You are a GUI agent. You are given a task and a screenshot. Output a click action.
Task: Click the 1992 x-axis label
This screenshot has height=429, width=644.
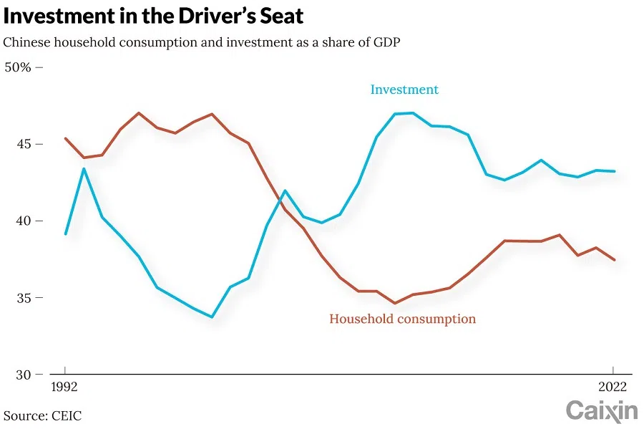pyautogui.click(x=65, y=387)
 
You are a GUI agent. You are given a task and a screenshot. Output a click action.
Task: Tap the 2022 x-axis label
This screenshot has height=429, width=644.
pyautogui.click(x=613, y=387)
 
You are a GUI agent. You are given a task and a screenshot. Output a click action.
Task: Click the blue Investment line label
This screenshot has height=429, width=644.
pyautogui.click(x=404, y=90)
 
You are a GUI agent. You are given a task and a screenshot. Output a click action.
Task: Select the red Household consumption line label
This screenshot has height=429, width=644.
pyautogui.click(x=402, y=319)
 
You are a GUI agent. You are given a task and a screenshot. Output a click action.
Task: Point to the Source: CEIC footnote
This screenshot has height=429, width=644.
pyautogui.click(x=42, y=415)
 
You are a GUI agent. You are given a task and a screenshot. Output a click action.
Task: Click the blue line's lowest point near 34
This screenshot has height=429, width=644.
pyautogui.click(x=212, y=317)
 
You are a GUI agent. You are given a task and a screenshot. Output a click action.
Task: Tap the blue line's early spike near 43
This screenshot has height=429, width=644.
pyautogui.click(x=84, y=169)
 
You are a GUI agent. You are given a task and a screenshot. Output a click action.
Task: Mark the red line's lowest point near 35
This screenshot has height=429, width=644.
pyautogui.click(x=394, y=303)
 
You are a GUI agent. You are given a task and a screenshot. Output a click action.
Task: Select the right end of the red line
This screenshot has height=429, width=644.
pyautogui.click(x=615, y=260)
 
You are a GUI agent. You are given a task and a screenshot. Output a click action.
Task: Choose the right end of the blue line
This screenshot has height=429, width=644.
pyautogui.click(x=615, y=171)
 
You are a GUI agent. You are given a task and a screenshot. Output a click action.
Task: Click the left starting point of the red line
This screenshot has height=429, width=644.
pyautogui.click(x=65, y=138)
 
